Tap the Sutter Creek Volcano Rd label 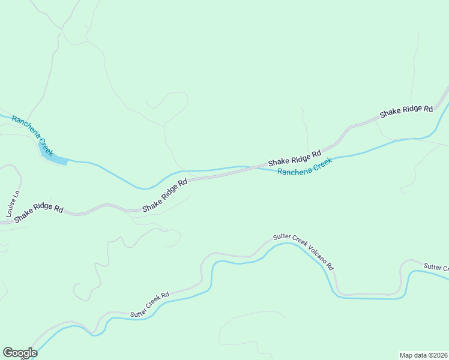click(303, 251)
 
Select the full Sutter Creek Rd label click(150, 305)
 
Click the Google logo click(20, 353)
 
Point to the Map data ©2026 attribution click(423, 355)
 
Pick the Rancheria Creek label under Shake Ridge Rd click(304, 167)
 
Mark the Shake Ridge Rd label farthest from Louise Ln click(406, 112)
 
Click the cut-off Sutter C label click(436, 267)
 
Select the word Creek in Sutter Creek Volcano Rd click(298, 243)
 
